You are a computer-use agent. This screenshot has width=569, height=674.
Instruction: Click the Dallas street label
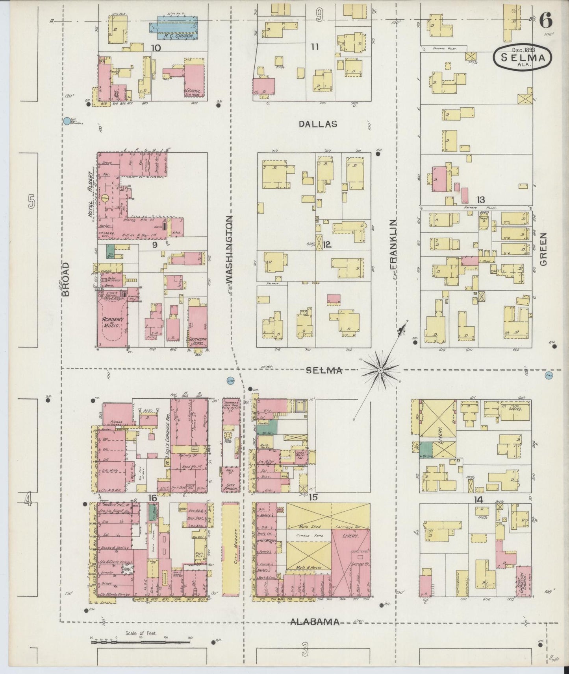pos(317,124)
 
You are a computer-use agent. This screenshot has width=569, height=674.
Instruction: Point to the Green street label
pos(544,249)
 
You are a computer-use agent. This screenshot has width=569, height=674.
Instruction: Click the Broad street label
pos(66,279)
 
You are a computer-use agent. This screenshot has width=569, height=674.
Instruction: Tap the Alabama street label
pos(315,622)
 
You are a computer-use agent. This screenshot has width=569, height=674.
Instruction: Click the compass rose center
pos(381,370)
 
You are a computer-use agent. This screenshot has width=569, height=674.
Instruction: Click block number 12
pos(326,245)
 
